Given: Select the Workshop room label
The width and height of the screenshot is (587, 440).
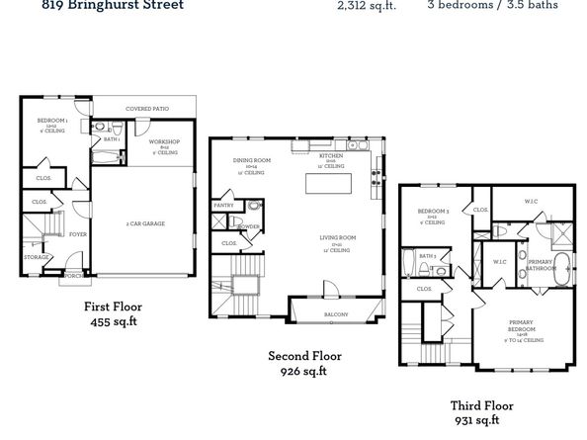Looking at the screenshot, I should (164, 144).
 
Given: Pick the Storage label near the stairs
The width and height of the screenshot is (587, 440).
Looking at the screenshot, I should (37, 258).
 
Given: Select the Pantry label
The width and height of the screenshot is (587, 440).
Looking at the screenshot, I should (223, 205).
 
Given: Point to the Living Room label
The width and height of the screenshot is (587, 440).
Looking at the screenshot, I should (337, 237).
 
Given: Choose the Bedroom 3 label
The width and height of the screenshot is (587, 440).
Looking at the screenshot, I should (433, 212).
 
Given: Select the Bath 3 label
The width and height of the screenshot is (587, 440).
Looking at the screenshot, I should (427, 255).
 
